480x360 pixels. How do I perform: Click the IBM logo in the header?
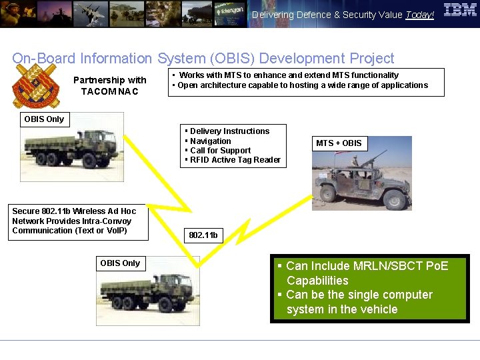460,10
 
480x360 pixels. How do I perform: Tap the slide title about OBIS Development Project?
203,59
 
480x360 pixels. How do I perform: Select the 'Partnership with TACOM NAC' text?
109,85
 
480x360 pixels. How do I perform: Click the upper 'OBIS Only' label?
44,119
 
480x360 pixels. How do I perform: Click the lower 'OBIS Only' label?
120,263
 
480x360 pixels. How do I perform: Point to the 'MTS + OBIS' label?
339,143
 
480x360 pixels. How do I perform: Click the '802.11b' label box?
203,235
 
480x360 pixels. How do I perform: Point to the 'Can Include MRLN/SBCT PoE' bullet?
367,273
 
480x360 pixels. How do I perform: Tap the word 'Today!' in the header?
419,15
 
